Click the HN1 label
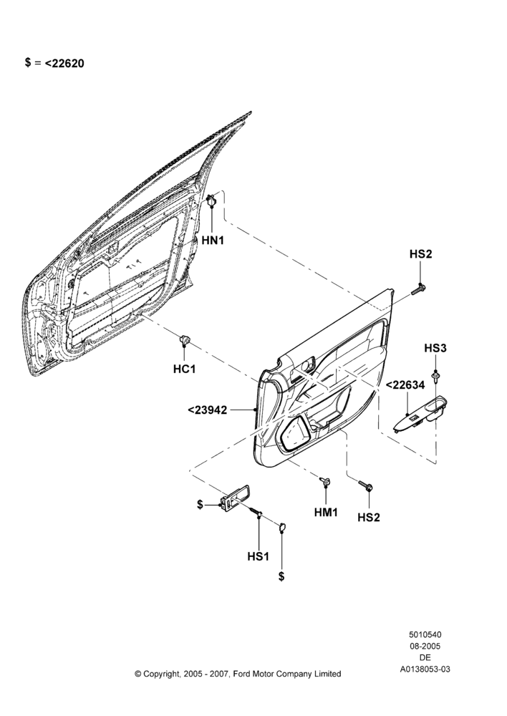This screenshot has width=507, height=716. pos(213,240)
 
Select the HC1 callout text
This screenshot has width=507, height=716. pos(184,369)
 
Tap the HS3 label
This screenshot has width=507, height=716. pos(435,349)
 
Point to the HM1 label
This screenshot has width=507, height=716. pos(326,513)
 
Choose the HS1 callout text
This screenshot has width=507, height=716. pos(258,556)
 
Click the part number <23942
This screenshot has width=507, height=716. pos(208,410)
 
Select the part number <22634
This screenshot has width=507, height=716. pos(405,385)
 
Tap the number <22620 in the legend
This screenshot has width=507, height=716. pos(64,64)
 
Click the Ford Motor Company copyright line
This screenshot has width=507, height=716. pos(238,674)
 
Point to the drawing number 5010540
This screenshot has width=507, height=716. pos(425,634)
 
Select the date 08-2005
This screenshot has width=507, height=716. pos(425,646)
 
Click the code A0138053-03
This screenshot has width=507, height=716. pos(425,669)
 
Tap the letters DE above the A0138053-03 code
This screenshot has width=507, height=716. pos(425,658)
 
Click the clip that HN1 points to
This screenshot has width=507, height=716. pos(212,200)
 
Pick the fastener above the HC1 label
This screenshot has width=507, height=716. pos(184,339)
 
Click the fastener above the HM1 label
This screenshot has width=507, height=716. pos(326,481)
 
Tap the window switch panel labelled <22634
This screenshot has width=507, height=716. pos(420,414)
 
